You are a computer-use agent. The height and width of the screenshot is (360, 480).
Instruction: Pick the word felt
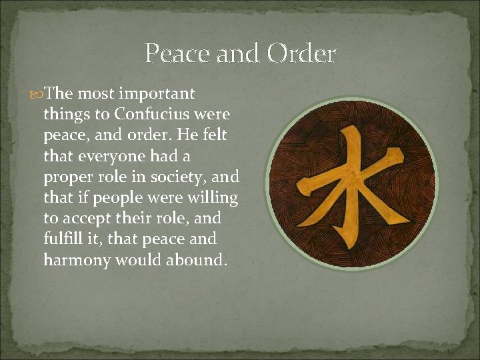click(x=213, y=135)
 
